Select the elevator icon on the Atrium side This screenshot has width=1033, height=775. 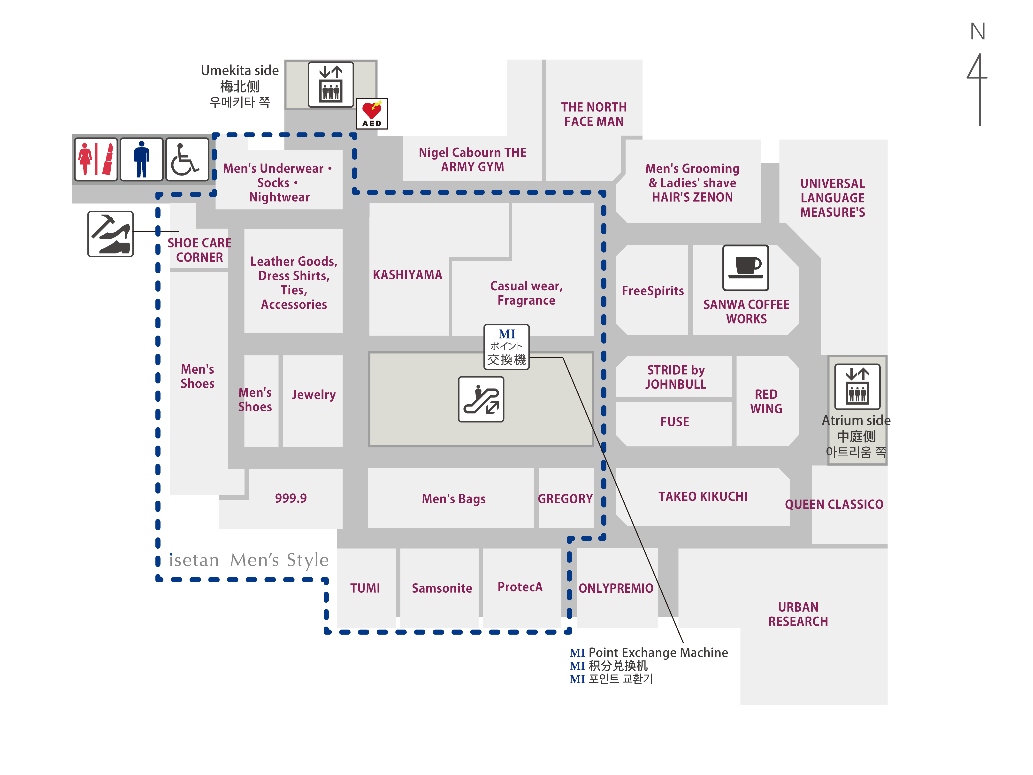[x=857, y=387]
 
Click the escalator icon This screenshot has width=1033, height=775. [x=481, y=399]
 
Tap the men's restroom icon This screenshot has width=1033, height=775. [x=141, y=159]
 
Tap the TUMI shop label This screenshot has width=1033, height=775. [x=365, y=588]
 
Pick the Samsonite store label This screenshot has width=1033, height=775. [x=442, y=588]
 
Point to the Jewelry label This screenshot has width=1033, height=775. [x=313, y=395]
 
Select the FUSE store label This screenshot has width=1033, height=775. [x=675, y=422]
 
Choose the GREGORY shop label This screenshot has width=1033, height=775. [x=565, y=499]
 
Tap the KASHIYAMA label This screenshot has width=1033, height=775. [x=407, y=275]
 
